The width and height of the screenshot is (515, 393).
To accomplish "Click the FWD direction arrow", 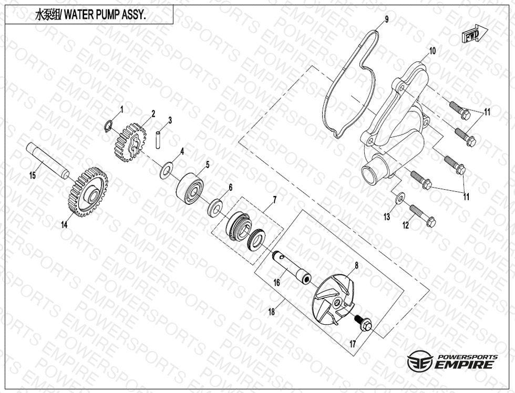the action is [475, 34].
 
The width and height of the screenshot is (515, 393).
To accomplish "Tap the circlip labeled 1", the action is [110, 126].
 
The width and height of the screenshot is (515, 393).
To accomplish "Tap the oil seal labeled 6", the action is [215, 208].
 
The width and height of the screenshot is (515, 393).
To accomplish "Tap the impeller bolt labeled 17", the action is [363, 323].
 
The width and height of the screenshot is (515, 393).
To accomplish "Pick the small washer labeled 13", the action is [400, 198].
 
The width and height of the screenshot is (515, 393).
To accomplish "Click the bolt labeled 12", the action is [423, 215].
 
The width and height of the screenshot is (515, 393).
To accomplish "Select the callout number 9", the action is [387, 19].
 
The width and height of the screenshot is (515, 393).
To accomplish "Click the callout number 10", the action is [432, 51].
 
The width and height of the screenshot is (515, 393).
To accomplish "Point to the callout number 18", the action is [271, 312].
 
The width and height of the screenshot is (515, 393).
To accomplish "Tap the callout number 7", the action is [274, 199].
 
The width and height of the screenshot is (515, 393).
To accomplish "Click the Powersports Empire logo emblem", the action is [419, 361].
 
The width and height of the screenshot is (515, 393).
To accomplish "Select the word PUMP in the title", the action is [104, 16].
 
